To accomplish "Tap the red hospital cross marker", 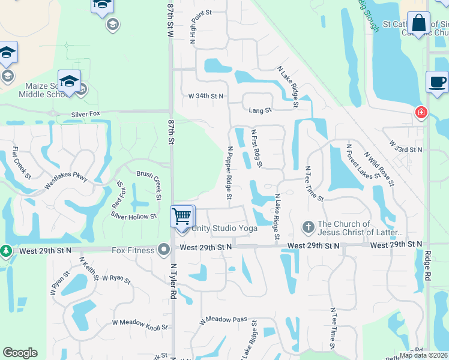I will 421,112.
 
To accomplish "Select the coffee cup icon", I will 437,82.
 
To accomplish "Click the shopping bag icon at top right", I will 418,24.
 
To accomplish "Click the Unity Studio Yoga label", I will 225,229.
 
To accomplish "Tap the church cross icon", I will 308,227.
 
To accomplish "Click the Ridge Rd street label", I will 429,267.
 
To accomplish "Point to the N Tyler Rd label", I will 173,281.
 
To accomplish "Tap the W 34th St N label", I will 206,96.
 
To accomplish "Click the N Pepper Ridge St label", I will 229,172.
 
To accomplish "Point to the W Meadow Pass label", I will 223,320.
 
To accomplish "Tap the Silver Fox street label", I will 85,113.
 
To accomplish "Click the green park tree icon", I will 5,250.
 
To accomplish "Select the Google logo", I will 20,353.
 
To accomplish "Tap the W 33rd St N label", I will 405,147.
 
